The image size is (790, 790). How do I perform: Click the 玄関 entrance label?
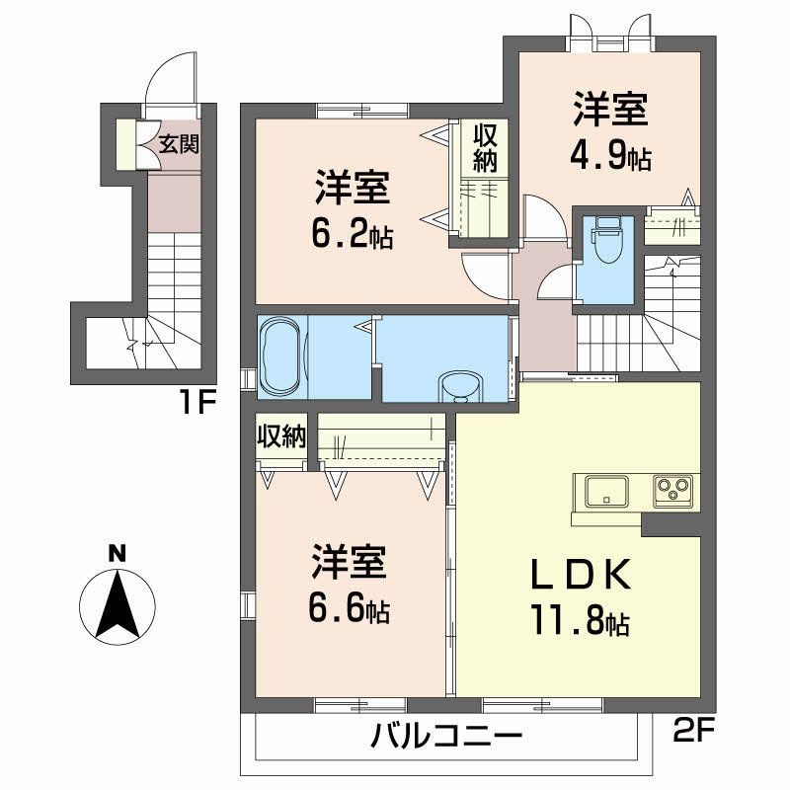coord(180,145)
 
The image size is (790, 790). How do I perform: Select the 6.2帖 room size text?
coord(353,234)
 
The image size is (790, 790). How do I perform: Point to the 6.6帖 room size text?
coord(349,610)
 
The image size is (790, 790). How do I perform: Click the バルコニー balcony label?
coord(446,738)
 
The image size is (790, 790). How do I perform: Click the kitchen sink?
coord(607,491)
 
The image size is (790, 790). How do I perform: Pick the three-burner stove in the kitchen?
coord(671,491)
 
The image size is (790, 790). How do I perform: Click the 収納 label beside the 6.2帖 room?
coord(483,146)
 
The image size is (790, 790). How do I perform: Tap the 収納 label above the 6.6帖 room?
coord(280,436)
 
